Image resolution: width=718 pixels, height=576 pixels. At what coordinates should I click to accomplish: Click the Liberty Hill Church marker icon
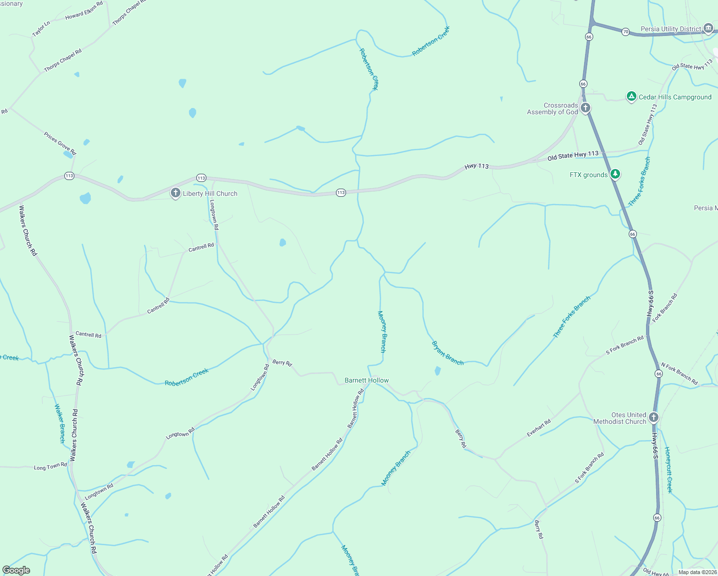coord(176,193)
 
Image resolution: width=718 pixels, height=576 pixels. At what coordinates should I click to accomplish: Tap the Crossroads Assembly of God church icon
coord(585,108)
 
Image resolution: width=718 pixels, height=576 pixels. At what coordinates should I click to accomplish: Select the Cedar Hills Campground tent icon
coord(632,96)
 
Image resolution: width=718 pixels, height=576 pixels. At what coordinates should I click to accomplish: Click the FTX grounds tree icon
coord(615,174)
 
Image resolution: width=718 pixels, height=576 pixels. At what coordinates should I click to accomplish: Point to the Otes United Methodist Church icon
coord(653,417)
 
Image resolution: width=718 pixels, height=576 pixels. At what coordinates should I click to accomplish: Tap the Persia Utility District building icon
coord(708,28)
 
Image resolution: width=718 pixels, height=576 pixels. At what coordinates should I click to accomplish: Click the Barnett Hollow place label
coord(367,380)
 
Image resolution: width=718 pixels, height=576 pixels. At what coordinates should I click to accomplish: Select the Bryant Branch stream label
coord(448,353)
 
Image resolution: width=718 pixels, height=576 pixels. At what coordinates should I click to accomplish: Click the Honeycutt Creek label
coord(669,469)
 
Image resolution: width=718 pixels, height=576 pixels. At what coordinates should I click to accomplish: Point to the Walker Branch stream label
coord(60,423)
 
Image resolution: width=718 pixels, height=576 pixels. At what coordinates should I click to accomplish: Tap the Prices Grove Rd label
coord(60,144)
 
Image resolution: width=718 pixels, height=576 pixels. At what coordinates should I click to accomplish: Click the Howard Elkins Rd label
coord(84,11)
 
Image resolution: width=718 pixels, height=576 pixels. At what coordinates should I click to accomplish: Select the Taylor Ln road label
coord(41,29)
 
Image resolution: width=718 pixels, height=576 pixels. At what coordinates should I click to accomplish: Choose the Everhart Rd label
coord(538,428)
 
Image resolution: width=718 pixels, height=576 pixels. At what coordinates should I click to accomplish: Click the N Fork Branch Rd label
coord(679,373)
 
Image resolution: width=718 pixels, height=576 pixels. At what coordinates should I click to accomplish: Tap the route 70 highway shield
coord(625,32)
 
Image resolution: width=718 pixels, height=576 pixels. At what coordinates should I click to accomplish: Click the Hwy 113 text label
coord(477,166)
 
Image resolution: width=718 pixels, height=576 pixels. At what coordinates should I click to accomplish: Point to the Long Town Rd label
coord(50,467)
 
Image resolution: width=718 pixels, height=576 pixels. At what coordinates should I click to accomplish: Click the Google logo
coord(16,570)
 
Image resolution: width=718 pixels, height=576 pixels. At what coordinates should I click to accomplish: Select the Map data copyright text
coord(697,572)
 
